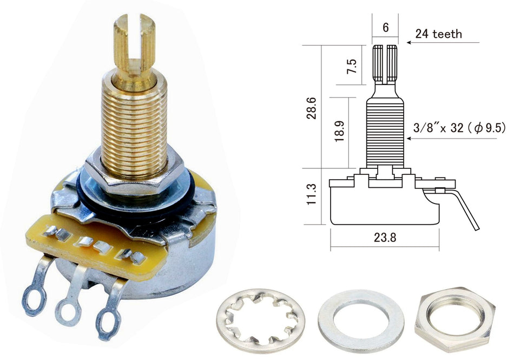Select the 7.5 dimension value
(x=352, y=67)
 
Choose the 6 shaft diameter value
(x=385, y=27)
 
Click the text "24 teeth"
(x=439, y=34)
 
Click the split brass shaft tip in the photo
(x=133, y=41)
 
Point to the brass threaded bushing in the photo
(x=134, y=127)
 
